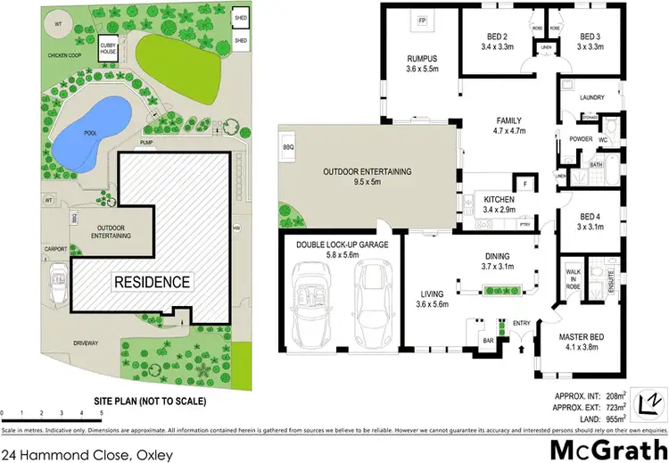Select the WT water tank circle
point(58,24)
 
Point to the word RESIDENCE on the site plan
point(152,282)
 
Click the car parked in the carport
point(59,284)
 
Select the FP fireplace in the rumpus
point(423,20)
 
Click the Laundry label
point(592,98)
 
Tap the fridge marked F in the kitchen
point(525,185)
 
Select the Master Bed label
point(582,337)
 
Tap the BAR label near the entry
point(488,341)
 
